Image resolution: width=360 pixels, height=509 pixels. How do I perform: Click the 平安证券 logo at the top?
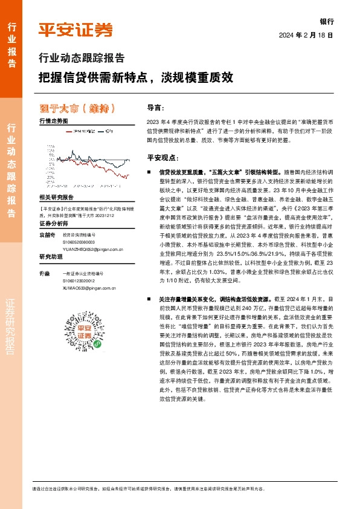(76, 30)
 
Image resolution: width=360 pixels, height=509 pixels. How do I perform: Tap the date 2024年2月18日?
(306, 35)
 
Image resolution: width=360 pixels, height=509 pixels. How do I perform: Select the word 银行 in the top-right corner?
(326, 20)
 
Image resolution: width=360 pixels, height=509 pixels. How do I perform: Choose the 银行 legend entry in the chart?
(109, 131)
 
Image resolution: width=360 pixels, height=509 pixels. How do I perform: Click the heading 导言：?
(155, 108)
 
